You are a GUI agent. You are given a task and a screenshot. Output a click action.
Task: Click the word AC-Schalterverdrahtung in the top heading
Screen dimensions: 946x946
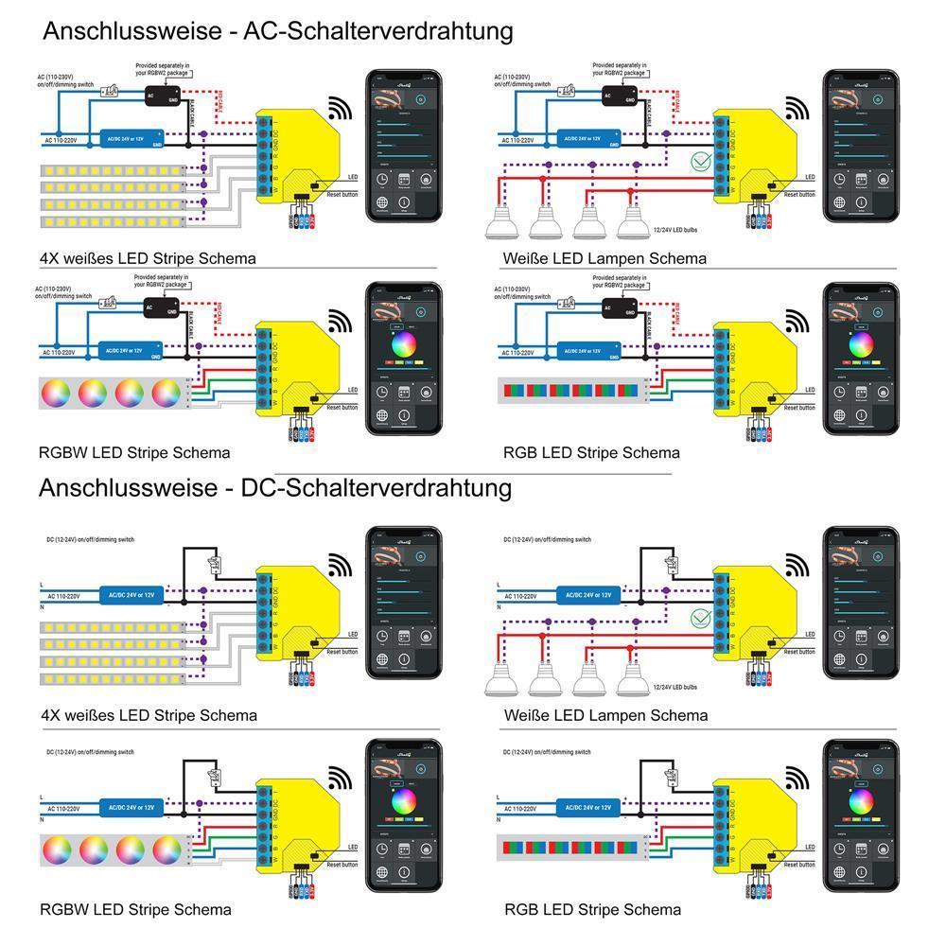pos(378,30)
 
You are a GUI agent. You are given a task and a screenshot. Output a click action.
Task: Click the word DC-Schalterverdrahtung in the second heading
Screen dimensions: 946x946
pos(377,488)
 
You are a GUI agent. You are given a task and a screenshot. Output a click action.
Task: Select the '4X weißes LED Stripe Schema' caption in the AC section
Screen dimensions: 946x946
pos(148,257)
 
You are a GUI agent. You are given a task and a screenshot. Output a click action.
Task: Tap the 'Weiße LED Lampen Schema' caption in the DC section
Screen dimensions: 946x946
pos(605,715)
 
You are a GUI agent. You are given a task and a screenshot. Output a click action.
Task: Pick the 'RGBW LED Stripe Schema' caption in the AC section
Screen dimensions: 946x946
pos(134,452)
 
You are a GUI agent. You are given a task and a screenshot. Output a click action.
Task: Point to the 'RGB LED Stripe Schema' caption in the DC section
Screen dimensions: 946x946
pos(592,909)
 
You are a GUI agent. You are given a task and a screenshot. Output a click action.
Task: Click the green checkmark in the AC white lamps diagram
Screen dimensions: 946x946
pos(701,161)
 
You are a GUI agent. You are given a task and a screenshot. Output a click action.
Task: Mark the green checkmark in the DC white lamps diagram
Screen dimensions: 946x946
pos(701,619)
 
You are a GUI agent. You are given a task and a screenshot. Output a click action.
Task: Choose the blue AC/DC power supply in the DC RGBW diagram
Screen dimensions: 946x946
pos(131,809)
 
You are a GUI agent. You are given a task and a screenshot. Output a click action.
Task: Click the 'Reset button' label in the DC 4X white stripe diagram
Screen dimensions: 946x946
pos(342,652)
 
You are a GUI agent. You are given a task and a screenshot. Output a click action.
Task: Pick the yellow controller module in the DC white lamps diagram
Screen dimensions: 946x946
pos(752,615)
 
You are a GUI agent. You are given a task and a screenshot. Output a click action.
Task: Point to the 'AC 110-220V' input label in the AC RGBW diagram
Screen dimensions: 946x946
pos(59,352)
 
